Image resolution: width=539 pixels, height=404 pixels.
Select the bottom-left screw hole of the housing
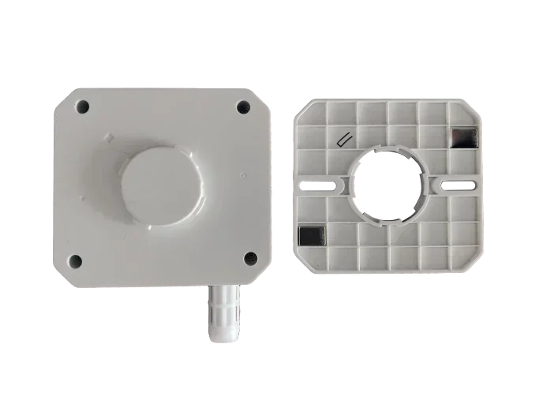click(x=76, y=260)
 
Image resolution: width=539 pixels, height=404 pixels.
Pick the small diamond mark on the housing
click(x=111, y=137)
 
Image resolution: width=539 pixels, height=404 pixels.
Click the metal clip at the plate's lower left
click(x=313, y=234)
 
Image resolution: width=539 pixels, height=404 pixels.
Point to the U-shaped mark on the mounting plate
click(x=345, y=140)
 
